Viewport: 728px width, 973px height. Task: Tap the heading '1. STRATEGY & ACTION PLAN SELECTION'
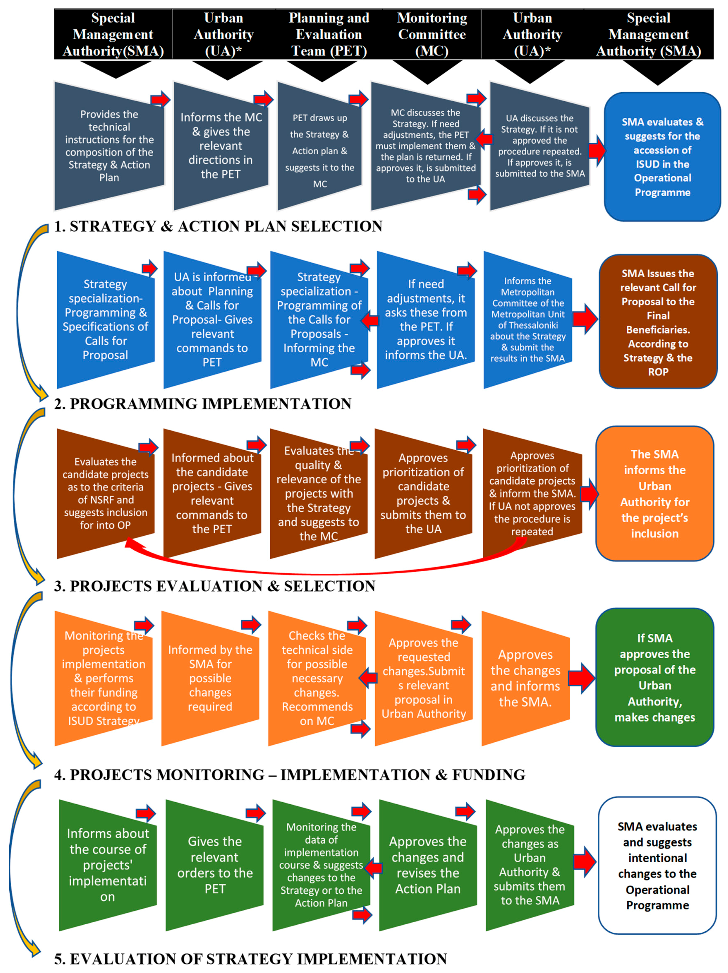[218, 226]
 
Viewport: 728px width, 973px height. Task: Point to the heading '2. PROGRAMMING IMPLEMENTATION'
[203, 403]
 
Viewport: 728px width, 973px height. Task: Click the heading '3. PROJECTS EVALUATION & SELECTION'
[215, 586]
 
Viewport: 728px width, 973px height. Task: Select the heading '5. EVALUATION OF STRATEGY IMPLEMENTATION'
[251, 959]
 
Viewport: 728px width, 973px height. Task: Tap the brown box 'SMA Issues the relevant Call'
[658, 322]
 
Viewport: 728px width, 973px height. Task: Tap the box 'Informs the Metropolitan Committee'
[528, 320]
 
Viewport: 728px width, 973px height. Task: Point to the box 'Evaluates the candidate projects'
[105, 493]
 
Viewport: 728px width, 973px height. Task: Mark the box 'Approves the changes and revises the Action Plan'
[428, 865]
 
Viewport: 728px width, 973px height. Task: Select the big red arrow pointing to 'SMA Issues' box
[585, 319]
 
